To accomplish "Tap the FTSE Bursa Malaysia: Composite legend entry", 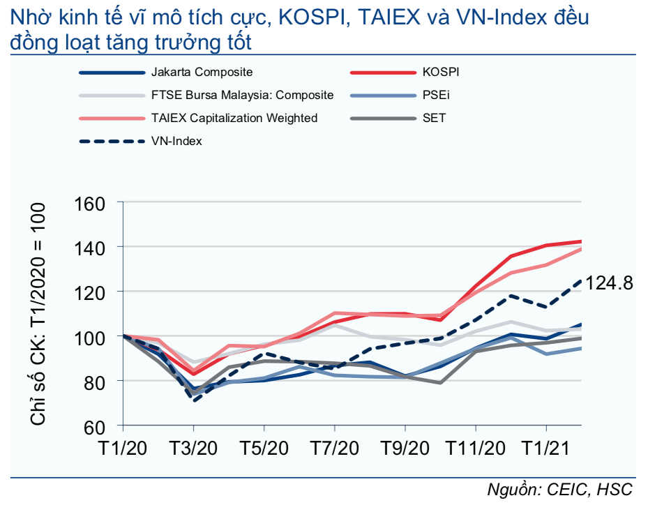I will pyautogui.click(x=242, y=95).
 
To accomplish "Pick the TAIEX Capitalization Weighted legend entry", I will pyautogui.click(x=234, y=118).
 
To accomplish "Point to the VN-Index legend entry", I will pyautogui.click(x=176, y=141).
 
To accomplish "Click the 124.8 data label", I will pyautogui.click(x=609, y=283).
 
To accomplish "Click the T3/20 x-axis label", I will pyautogui.click(x=194, y=448).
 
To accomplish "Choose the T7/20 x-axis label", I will pyautogui.click(x=334, y=448).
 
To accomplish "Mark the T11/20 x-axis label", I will pyautogui.click(x=474, y=448).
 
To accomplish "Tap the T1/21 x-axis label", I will pyautogui.click(x=545, y=448).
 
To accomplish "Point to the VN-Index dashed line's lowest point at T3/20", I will pyautogui.click(x=194, y=400).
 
